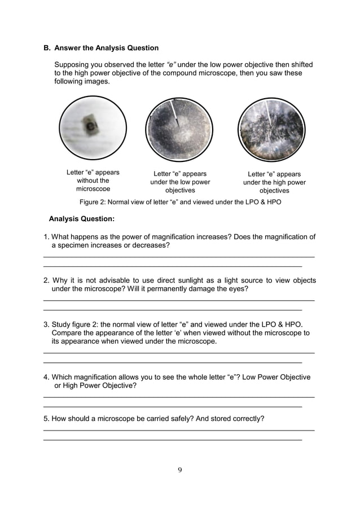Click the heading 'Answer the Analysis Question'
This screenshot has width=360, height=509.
(x=106, y=48)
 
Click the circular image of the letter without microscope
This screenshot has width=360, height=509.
(x=93, y=130)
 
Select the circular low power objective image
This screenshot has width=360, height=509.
(x=179, y=130)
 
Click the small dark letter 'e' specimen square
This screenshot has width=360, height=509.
(x=89, y=124)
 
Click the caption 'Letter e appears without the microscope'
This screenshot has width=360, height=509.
(x=93, y=181)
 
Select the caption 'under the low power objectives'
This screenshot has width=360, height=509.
(x=179, y=182)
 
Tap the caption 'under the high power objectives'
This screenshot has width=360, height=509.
(x=274, y=182)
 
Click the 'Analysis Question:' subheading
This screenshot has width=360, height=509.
(x=82, y=218)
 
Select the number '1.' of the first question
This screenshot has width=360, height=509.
(x=47, y=237)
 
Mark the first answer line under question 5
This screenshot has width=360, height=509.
(x=179, y=430)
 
